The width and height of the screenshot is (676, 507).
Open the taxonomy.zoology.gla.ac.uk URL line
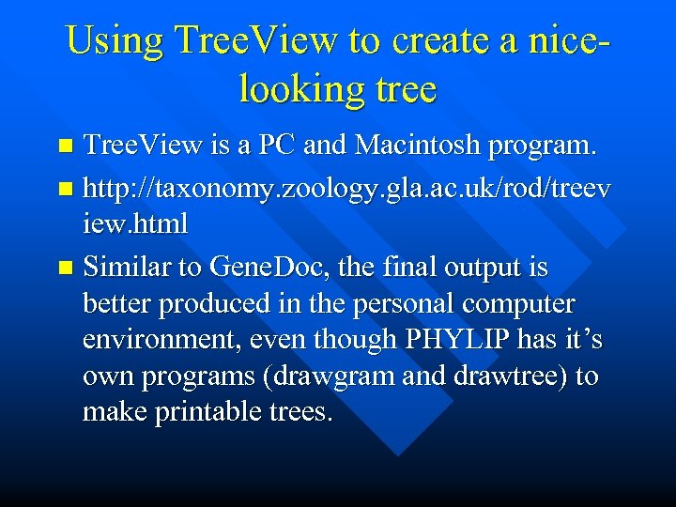pos(346,190)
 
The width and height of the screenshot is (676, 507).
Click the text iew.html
pos(135,224)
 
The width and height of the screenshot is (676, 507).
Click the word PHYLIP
pos(435,339)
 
